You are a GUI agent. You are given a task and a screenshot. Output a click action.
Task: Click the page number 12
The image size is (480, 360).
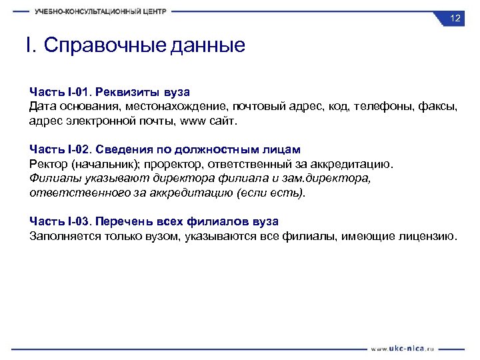(x=455, y=19)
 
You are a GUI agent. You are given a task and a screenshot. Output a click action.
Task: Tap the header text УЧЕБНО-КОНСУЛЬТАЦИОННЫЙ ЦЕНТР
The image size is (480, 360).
(x=101, y=11)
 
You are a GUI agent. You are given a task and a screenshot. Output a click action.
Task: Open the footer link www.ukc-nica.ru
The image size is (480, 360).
(x=403, y=348)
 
